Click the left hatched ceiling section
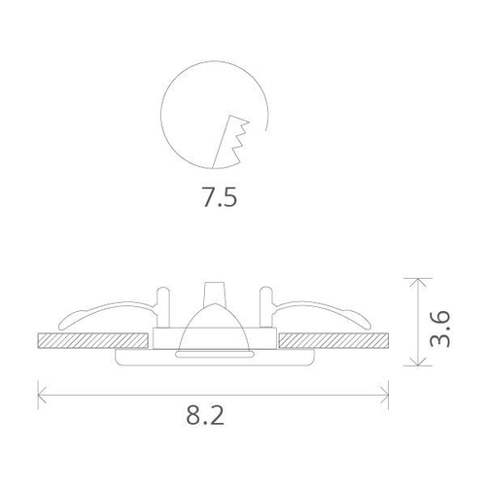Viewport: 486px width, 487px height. tap(92, 341)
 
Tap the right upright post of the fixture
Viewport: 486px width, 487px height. tap(266, 306)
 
